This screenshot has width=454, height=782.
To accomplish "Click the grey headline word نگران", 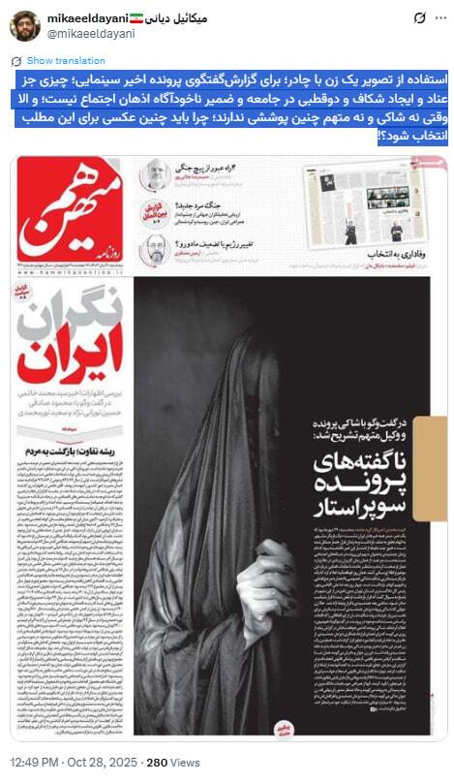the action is coord(76,307).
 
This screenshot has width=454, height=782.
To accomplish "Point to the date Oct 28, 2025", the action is coord(104,762).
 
